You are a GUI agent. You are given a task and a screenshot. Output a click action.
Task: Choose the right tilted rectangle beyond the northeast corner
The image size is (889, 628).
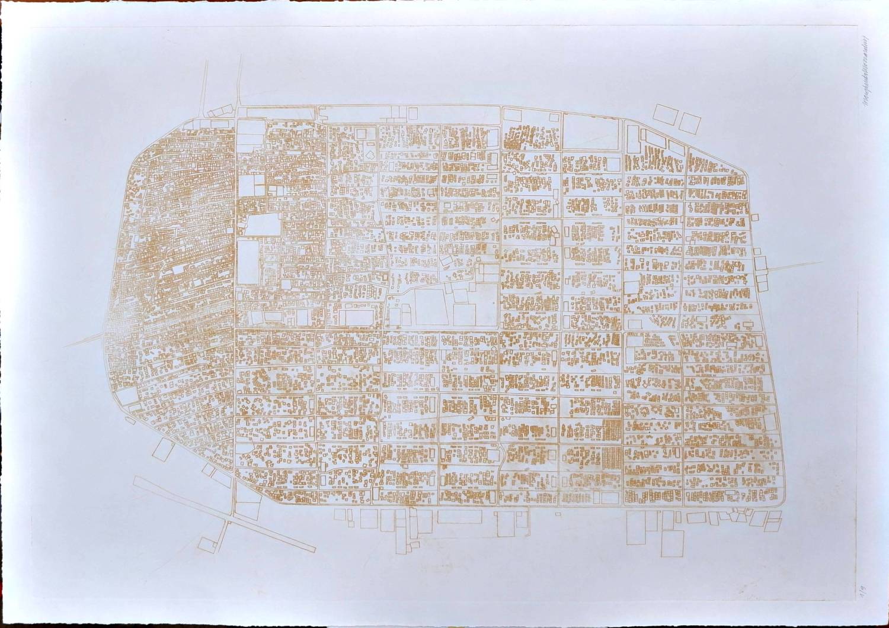pyautogui.click(x=689, y=123)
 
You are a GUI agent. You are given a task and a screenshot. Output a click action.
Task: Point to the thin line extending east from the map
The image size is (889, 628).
pyautogui.click(x=794, y=267)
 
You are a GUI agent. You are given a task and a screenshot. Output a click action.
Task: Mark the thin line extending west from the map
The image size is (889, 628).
pyautogui.click(x=83, y=341)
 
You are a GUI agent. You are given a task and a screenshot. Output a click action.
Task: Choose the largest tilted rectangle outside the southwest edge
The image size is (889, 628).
pyautogui.click(x=161, y=451)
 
